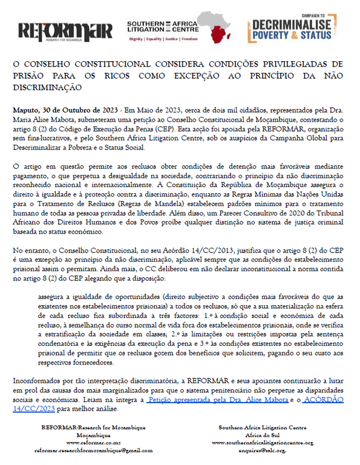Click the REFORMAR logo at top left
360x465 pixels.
click(x=65, y=30)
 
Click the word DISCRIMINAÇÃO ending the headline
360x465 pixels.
click(x=47, y=87)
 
